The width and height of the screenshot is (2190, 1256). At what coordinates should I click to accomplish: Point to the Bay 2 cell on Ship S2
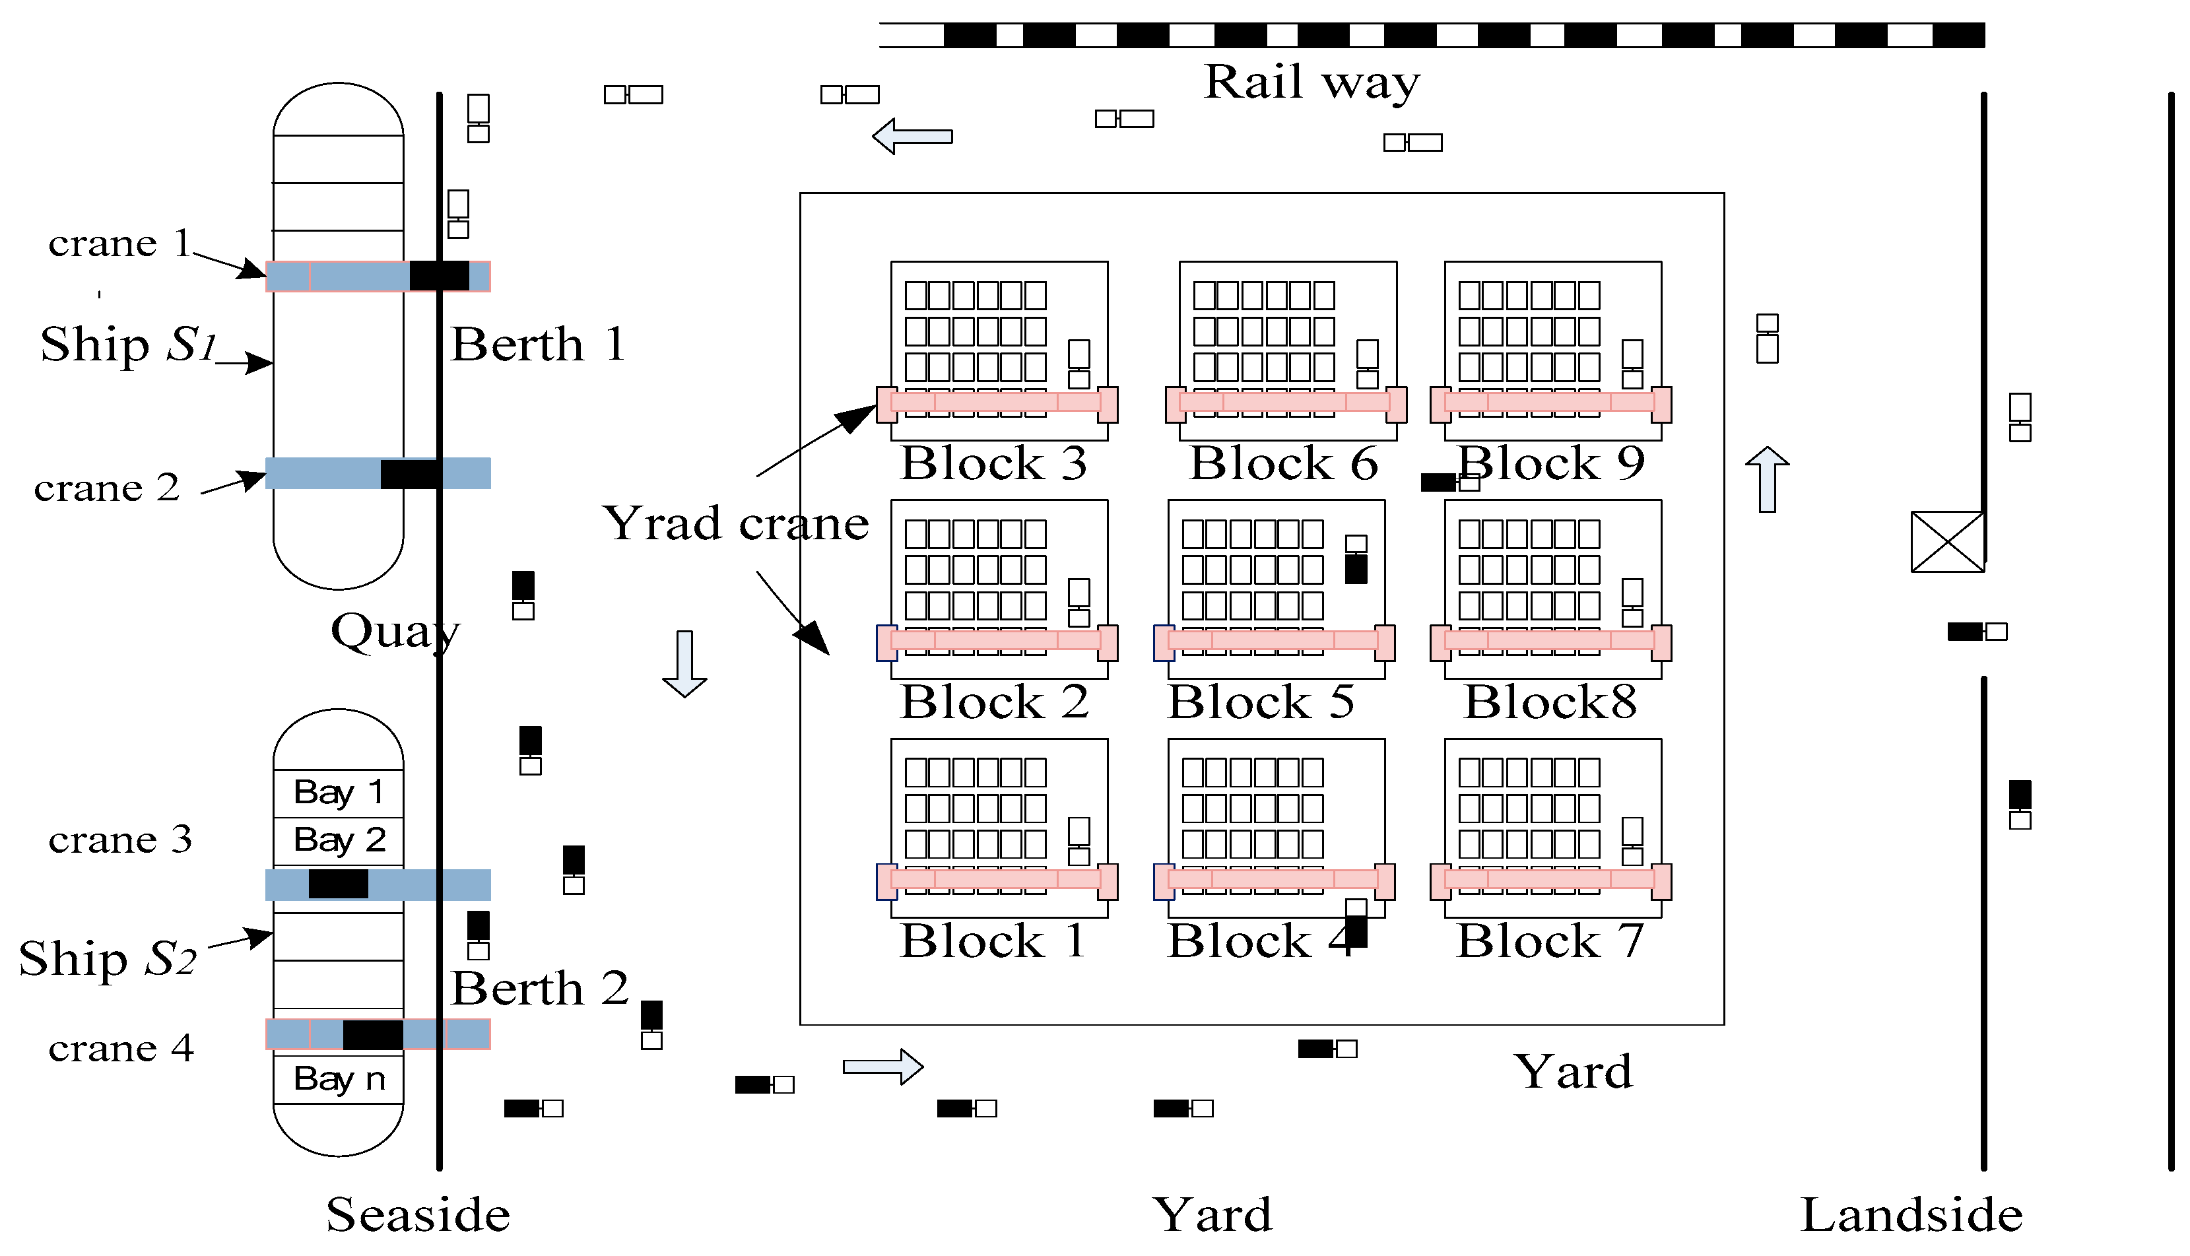(339, 840)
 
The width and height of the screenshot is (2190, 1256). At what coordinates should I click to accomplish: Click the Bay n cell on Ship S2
(339, 1079)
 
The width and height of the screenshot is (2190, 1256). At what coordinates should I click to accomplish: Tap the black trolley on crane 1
(439, 276)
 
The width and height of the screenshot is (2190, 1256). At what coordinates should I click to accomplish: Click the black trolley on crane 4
(373, 1034)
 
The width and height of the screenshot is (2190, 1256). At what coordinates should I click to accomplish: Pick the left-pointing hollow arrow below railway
(913, 137)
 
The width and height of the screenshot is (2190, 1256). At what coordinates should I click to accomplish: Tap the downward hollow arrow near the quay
(685, 663)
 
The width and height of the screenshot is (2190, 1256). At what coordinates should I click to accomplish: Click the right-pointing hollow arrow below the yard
(882, 1067)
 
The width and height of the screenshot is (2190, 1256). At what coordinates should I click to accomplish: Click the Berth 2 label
(539, 988)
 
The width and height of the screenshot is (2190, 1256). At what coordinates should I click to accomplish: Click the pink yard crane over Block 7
(1550, 880)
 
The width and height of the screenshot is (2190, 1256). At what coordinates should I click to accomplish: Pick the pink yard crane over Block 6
(1285, 403)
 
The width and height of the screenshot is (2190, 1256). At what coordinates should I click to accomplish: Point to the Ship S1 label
(127, 345)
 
